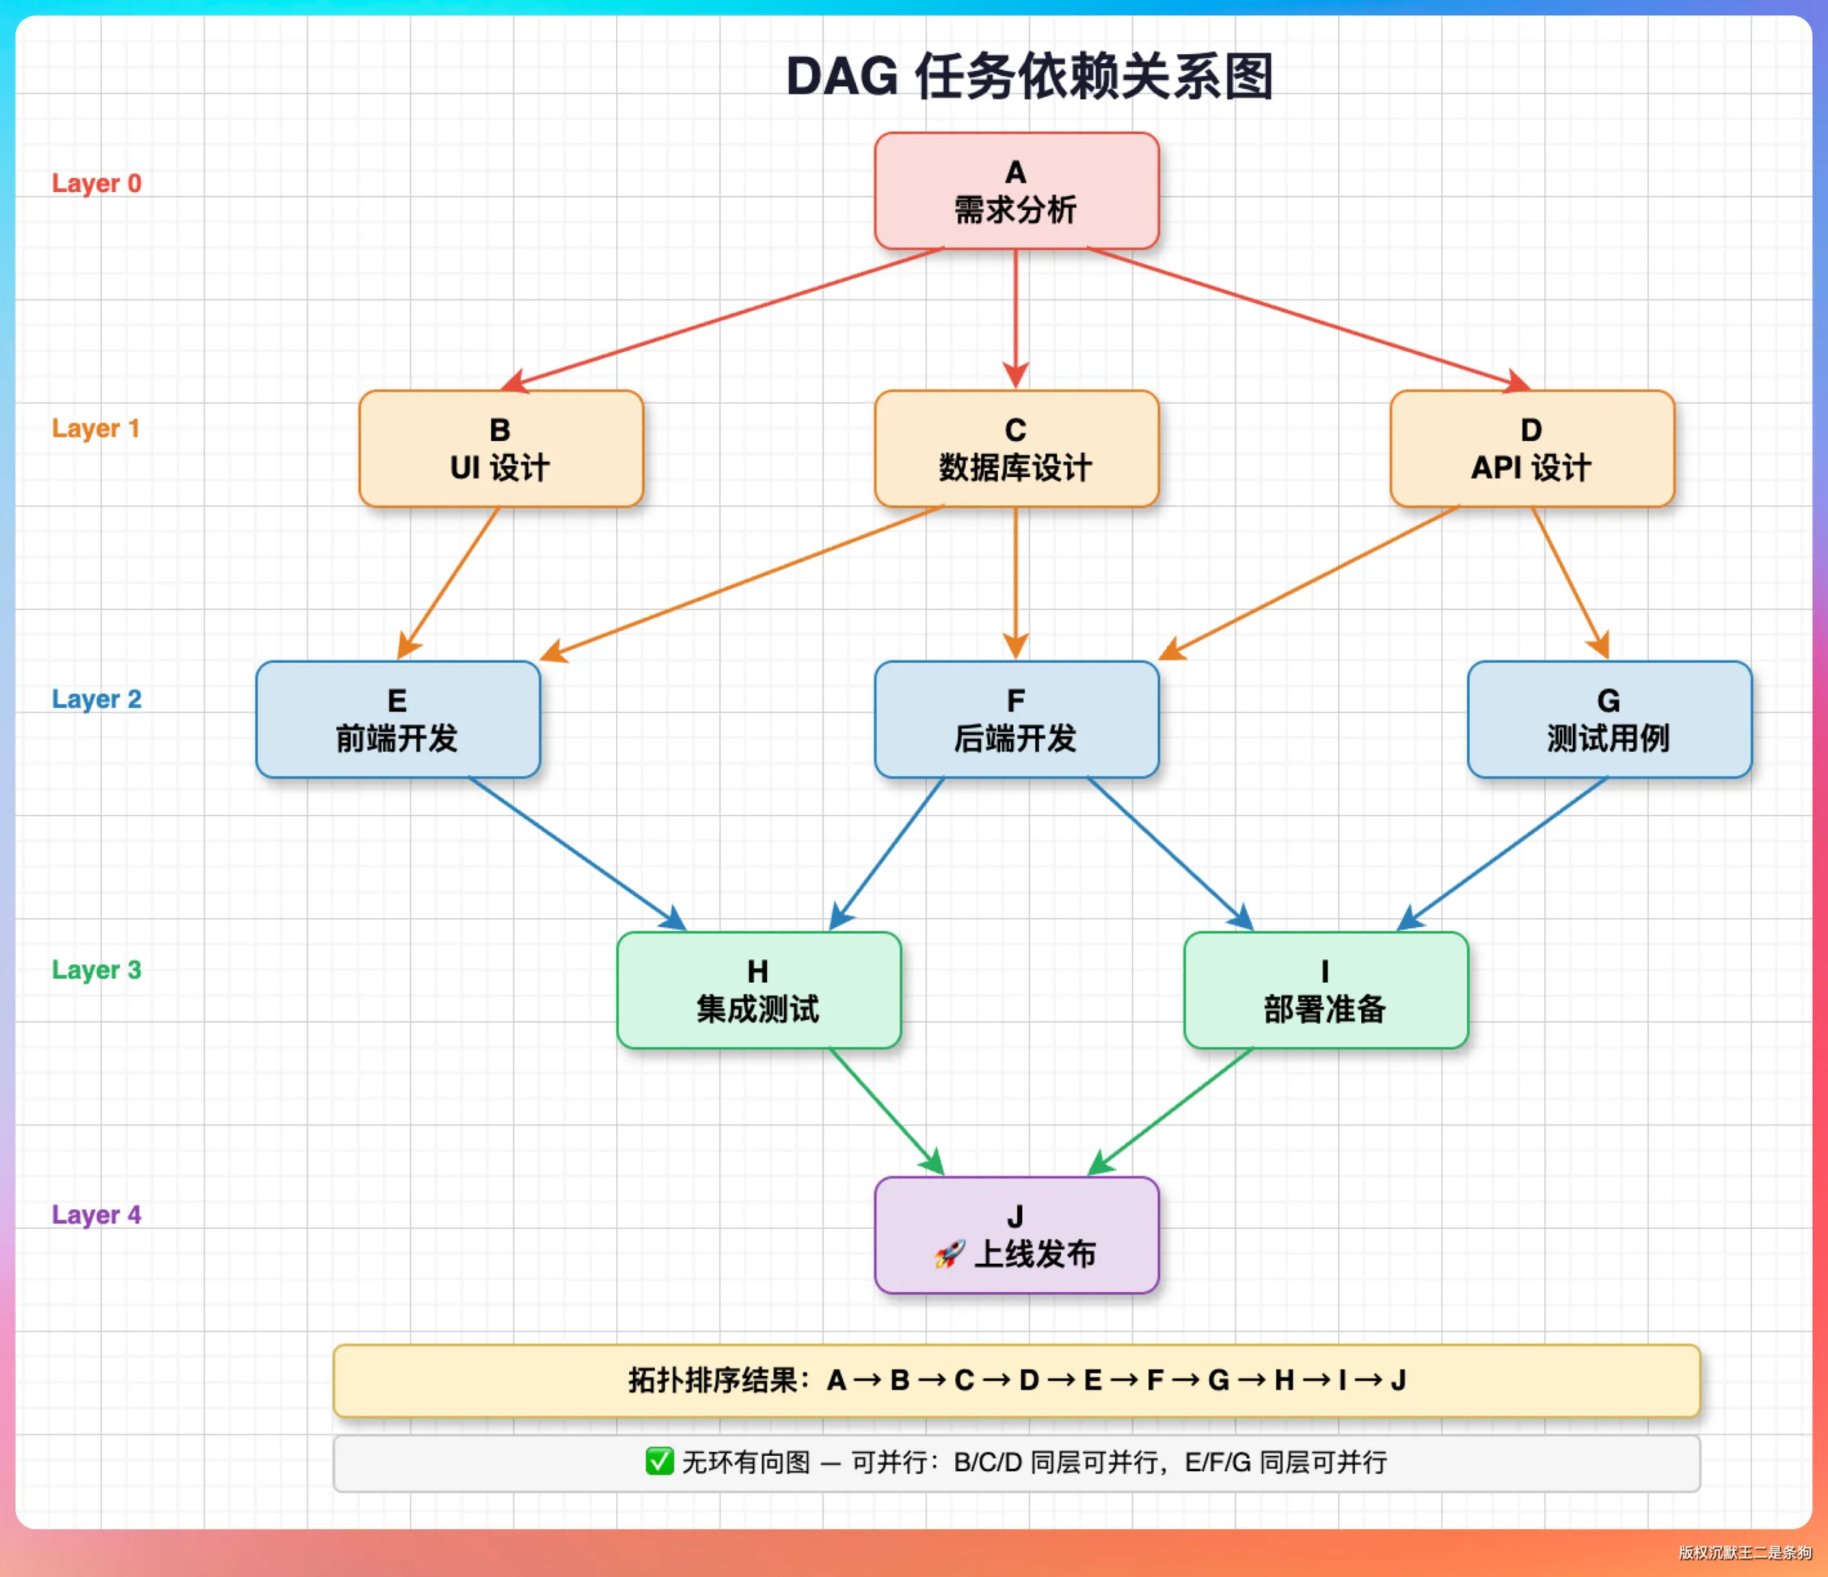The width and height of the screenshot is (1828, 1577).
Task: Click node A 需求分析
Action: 1016,190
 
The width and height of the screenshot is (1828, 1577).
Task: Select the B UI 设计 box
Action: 501,448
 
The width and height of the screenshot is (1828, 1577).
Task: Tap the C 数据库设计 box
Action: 1016,448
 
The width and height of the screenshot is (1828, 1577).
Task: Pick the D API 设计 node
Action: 1532,448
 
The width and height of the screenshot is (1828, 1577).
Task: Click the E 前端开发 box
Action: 398,719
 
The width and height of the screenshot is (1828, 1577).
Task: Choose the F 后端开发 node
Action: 1016,719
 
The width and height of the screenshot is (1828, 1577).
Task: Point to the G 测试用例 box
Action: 1609,719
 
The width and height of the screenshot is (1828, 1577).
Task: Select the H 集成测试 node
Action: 759,990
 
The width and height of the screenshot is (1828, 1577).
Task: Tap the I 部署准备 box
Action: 1326,990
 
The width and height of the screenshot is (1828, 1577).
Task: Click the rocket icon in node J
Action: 950,1254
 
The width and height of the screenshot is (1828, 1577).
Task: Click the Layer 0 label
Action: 96,184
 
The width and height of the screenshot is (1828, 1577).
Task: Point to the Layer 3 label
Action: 96,970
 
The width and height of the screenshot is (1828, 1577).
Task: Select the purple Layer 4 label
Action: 96,1215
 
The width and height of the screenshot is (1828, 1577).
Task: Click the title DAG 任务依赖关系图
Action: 1030,76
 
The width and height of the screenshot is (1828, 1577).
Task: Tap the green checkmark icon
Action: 659,1461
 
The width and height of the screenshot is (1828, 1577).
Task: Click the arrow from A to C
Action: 1016,319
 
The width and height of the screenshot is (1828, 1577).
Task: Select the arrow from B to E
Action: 449,584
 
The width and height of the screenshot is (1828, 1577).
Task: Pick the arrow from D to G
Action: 1571,584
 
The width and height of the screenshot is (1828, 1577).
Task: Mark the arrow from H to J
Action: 887,1112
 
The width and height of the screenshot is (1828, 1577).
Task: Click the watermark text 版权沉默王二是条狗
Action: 1744,1553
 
